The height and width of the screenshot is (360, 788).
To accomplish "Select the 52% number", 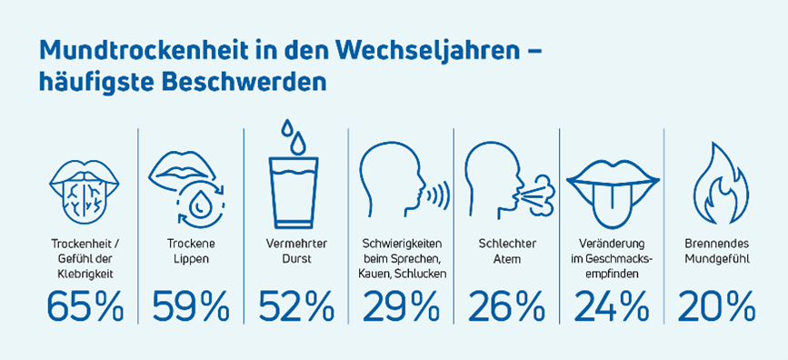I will coord(295,307).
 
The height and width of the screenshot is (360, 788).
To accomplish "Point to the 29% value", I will coord(401,307).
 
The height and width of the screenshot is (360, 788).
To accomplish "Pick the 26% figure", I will coord(505,307).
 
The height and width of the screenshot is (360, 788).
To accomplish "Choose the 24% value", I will coord(611,307).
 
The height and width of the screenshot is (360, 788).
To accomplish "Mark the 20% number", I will coord(717,307).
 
